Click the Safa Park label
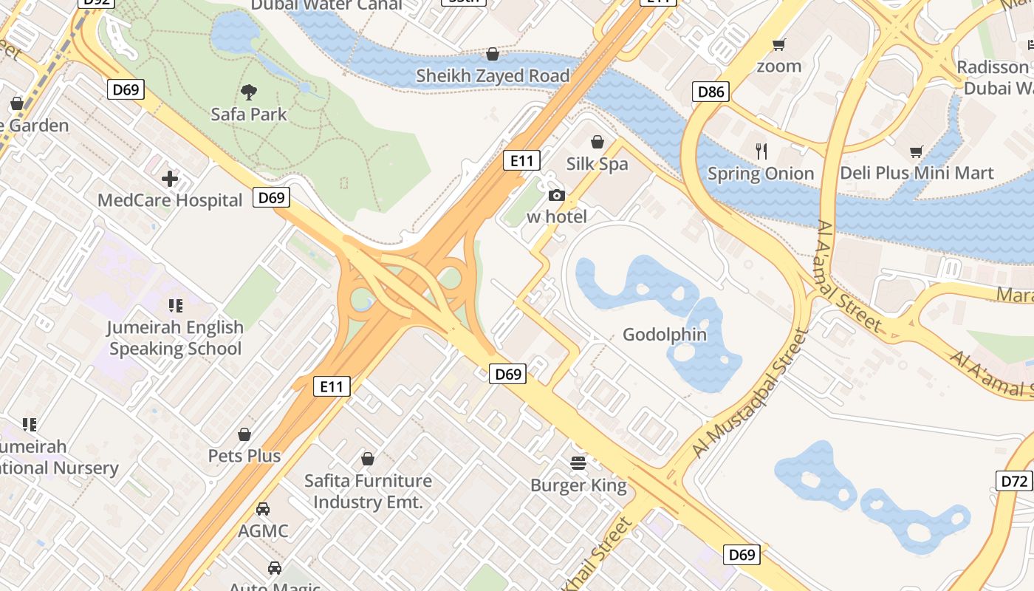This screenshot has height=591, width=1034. [249, 115]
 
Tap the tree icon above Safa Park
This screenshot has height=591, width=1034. [249, 92]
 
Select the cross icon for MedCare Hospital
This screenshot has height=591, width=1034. [170, 179]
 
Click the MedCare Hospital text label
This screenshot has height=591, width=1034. [170, 200]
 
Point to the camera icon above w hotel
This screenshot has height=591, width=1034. [557, 195]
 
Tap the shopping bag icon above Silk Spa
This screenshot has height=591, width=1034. [598, 142]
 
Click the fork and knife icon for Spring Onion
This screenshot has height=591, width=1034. [761, 151]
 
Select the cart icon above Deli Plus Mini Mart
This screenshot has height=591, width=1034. [917, 151]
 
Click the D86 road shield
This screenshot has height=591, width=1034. [711, 92]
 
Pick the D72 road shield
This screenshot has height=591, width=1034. [1014, 482]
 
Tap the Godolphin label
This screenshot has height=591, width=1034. [665, 335]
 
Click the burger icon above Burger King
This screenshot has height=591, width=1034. [578, 463]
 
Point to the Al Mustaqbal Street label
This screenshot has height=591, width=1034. [747, 394]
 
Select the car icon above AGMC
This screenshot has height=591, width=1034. [263, 509]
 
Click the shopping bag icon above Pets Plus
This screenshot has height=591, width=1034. [244, 434]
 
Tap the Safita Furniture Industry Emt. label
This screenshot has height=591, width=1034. [368, 491]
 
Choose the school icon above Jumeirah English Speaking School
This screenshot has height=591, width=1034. [176, 305]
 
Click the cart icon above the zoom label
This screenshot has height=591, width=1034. [778, 45]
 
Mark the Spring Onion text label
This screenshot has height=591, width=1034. [761, 174]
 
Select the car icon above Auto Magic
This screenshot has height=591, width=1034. [275, 567]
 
